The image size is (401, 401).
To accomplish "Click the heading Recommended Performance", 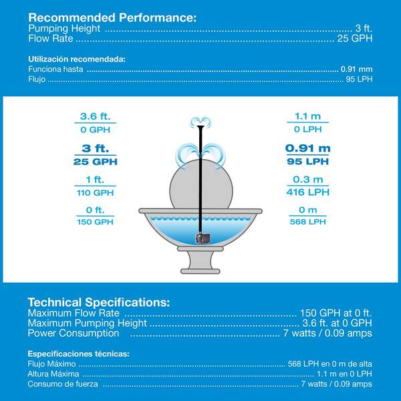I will pyautogui.click(x=112, y=17).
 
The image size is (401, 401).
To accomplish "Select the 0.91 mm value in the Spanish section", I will pyautogui.click(x=356, y=69).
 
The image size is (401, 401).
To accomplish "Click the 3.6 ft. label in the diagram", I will pyautogui.click(x=94, y=116).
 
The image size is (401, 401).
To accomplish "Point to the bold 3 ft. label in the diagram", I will pyautogui.click(x=94, y=148).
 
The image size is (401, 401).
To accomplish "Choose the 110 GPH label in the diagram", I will pyautogui.click(x=94, y=192).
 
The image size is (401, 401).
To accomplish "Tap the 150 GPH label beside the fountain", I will pyautogui.click(x=94, y=221).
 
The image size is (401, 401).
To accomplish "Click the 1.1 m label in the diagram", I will pyautogui.click(x=308, y=116).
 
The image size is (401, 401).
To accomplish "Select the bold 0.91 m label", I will pyautogui.click(x=308, y=148).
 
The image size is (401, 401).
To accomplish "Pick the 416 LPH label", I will pyautogui.click(x=308, y=192).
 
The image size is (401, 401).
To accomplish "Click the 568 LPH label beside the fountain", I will pyautogui.click(x=308, y=221).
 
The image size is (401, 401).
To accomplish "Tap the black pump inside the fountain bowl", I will pyautogui.click(x=200, y=237).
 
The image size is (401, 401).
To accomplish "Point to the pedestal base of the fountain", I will pyautogui.click(x=200, y=264).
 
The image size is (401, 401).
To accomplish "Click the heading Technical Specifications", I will pyautogui.click(x=99, y=301).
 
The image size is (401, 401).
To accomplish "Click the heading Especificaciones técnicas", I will pyautogui.click(x=78, y=352).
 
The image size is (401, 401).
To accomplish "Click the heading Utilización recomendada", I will pyautogui.click(x=77, y=59).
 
